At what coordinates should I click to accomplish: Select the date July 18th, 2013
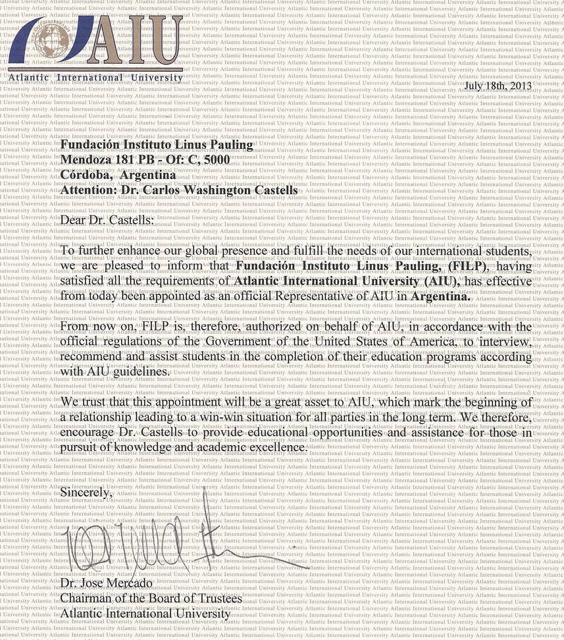point(498,86)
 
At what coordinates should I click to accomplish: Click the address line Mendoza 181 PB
point(145,159)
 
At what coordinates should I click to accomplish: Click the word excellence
point(276,448)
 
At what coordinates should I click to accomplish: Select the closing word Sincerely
point(86,491)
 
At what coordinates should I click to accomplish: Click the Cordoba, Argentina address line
point(118,174)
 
